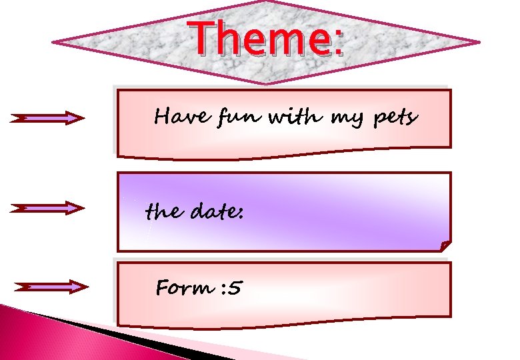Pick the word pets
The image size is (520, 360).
[x=395, y=119]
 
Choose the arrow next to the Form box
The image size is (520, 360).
[x=51, y=287]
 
